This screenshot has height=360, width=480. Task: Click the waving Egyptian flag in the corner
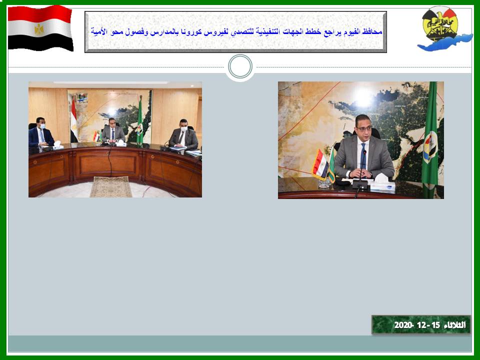point(40,28)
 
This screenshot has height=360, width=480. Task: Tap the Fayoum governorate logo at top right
point(444,28)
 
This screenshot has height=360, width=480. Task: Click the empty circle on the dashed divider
point(240,66)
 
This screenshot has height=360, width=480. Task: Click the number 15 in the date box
point(435,325)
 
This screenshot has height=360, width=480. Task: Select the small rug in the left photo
point(111,186)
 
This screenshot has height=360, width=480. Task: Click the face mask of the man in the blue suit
point(42,126)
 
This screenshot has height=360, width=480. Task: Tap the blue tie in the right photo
point(363,156)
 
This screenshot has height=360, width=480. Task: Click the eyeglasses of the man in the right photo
point(364,128)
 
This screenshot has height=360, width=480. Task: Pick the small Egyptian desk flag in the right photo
point(320,164)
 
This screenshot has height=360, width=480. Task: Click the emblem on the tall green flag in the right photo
point(430,147)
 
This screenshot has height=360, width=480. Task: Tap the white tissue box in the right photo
point(382,182)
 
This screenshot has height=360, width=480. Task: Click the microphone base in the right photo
point(359,184)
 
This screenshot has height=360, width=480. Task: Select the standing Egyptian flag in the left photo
point(74,121)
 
